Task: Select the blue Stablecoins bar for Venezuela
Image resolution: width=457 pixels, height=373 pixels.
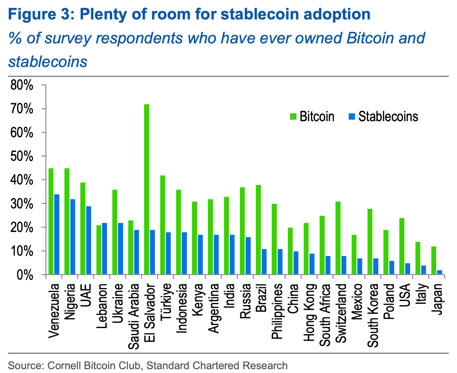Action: pos(57,234)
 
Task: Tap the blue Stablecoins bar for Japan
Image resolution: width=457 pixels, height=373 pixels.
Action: pos(440,272)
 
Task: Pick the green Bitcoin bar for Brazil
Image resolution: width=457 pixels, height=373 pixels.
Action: pos(258,230)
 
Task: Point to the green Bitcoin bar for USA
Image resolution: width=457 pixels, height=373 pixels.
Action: pos(402,246)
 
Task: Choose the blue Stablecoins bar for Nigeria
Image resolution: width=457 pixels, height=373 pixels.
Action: pos(73,237)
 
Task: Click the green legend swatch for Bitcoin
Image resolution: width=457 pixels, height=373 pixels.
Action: pos(293,117)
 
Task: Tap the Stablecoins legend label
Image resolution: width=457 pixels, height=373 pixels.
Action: pos(388,117)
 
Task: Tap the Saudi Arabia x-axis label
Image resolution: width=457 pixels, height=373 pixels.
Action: pos(134,316)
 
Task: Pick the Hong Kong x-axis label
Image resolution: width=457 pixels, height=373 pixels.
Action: pos(310,313)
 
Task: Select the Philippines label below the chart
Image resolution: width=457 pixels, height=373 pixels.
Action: pos(277,311)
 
